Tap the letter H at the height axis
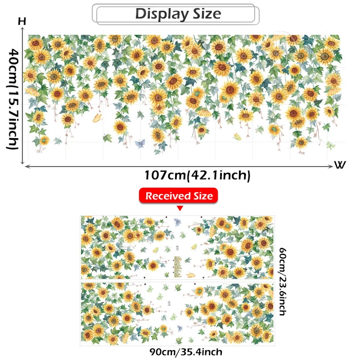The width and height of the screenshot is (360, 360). [x=22, y=22]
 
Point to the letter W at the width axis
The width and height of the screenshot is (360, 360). [x=340, y=165]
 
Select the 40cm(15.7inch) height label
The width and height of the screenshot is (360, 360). [x=12, y=99]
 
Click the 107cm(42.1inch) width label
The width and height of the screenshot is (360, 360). [x=197, y=175]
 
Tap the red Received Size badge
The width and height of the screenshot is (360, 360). [x=179, y=196]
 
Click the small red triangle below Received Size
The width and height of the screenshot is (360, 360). [x=180, y=208]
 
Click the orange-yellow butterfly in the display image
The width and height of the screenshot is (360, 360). [x=97, y=118]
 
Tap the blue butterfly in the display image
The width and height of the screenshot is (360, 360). [x=140, y=144]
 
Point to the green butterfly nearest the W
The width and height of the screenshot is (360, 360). [x=331, y=145]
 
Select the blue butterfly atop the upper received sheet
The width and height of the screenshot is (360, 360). [x=177, y=222]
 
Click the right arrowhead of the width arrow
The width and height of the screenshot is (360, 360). [x=332, y=166]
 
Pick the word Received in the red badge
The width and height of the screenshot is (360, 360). [x=167, y=196]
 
